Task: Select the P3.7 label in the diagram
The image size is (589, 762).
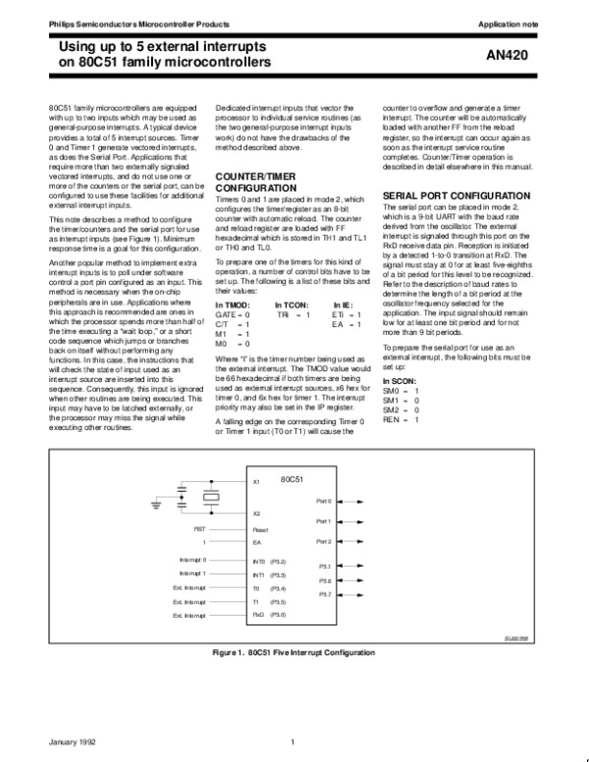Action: (324, 594)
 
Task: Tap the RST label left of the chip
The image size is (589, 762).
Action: (200, 527)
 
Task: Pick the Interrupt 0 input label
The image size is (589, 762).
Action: (193, 560)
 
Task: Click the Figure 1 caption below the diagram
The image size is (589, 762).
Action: (294, 652)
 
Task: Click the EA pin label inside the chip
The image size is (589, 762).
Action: (256, 542)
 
